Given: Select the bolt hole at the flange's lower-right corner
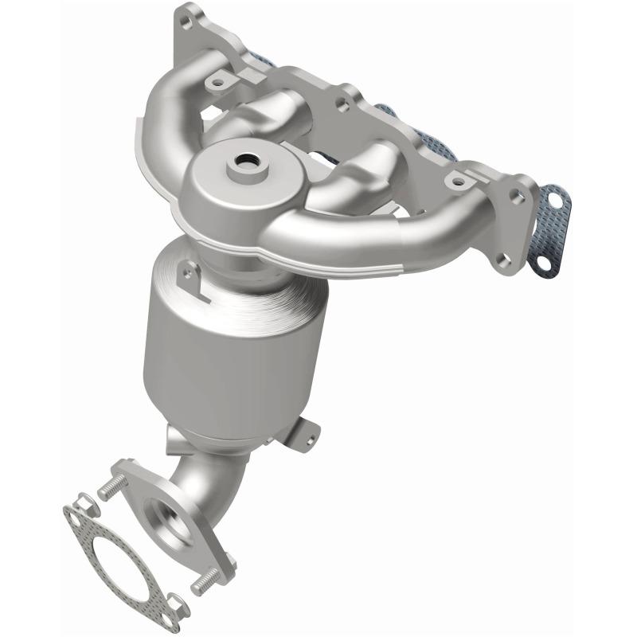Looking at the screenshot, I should coord(501,257).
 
